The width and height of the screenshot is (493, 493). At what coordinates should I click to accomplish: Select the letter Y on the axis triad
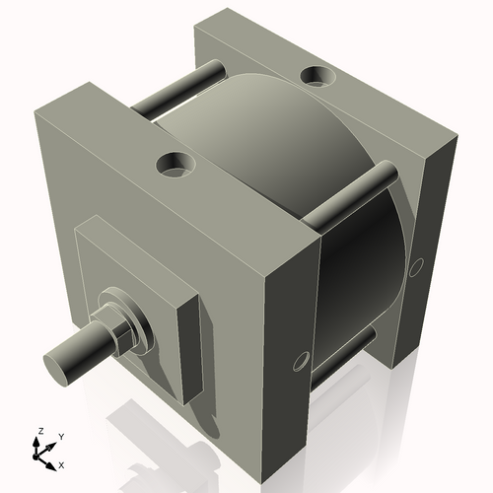point(61,436)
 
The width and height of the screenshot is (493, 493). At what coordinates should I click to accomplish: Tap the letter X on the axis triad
point(61,463)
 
